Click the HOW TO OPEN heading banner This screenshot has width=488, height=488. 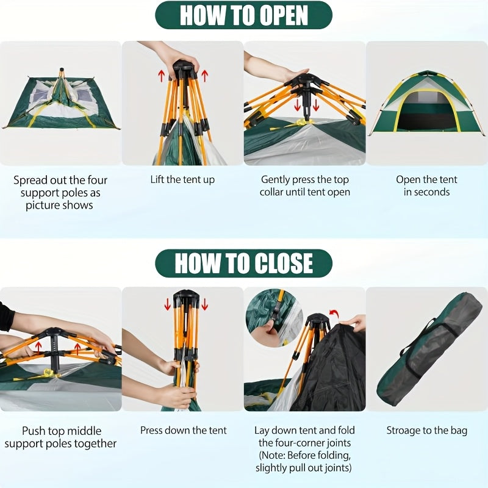pyautogui.click(x=244, y=15)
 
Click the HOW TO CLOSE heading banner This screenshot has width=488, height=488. pyautogui.click(x=244, y=263)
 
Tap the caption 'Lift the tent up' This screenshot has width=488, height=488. pyautogui.click(x=182, y=179)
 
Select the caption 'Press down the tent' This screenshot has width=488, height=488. pyautogui.click(x=183, y=430)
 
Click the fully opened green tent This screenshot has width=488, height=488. pyautogui.click(x=427, y=104)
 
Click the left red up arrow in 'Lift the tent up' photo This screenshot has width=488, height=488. pyautogui.click(x=162, y=76)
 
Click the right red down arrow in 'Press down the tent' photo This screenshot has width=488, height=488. pyautogui.click(x=204, y=304)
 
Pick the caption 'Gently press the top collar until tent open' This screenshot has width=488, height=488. pyautogui.click(x=304, y=185)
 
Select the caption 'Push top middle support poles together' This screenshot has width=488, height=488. pyautogui.click(x=60, y=437)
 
